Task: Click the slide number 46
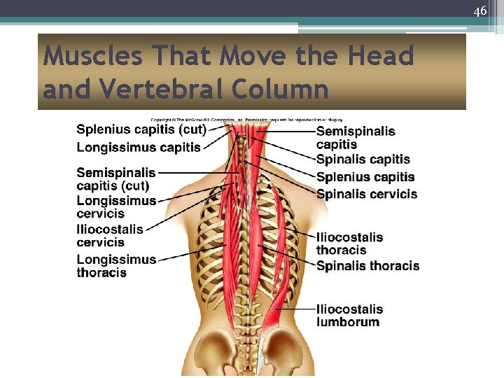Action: [x=479, y=11]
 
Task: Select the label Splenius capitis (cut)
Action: [x=141, y=129]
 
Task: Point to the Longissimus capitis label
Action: [x=139, y=147]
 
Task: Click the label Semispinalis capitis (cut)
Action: [x=115, y=179]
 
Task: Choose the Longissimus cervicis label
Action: [x=116, y=207]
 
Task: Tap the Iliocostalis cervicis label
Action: [x=110, y=236]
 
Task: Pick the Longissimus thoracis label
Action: [x=116, y=266]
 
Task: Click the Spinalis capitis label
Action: [x=363, y=160]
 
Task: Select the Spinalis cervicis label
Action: [x=366, y=194]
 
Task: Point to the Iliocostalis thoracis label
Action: [x=349, y=244]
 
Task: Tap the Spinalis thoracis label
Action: [x=367, y=266]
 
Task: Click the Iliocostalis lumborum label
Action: [x=349, y=316]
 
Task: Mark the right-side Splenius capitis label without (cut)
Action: [x=365, y=177]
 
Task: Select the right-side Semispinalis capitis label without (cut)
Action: [x=356, y=138]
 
